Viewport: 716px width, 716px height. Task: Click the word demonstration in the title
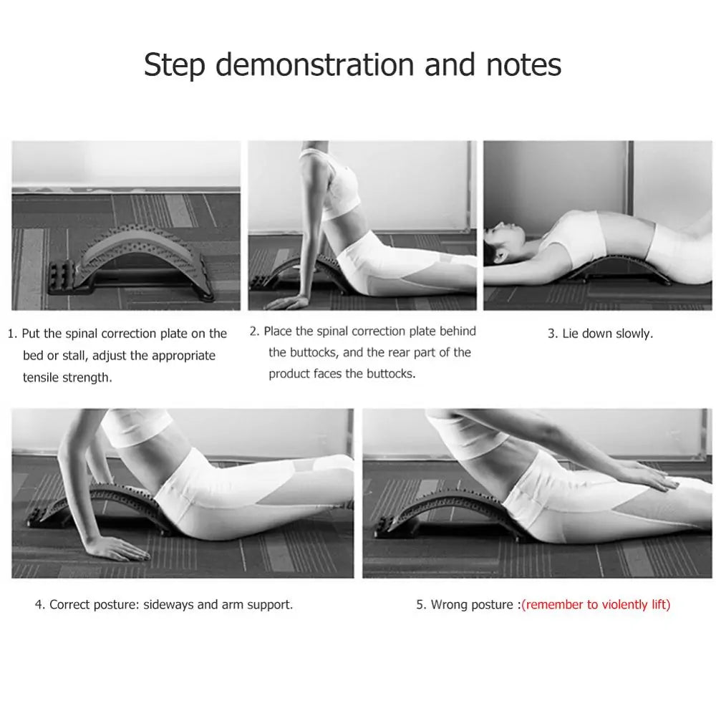pyautogui.click(x=315, y=64)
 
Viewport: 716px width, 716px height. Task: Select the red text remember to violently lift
pyautogui.click(x=596, y=604)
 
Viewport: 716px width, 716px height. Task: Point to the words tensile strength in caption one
pyautogui.click(x=68, y=377)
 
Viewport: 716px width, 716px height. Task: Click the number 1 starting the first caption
pyautogui.click(x=11, y=334)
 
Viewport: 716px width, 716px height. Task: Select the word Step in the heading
pyautogui.click(x=174, y=64)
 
